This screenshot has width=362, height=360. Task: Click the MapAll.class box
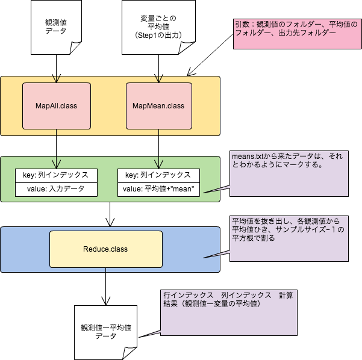coord(56,106)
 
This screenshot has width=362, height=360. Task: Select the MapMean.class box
coord(158,106)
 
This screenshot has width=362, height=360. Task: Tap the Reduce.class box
coord(105,249)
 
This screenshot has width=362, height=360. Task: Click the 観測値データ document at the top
coord(56,28)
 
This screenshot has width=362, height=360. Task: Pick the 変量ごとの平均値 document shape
coord(158,28)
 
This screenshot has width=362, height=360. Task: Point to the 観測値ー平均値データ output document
coord(105,332)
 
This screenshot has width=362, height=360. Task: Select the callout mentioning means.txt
coord(289,174)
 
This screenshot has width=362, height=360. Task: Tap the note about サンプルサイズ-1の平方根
coord(289,238)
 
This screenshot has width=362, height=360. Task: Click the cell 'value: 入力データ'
coord(56,189)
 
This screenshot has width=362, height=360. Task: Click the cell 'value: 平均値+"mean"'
coord(158,189)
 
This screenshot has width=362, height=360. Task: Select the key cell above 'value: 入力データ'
coord(56,175)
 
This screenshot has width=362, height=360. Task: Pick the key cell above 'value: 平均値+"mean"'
coord(158,175)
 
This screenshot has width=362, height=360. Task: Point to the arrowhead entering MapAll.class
coord(56,79)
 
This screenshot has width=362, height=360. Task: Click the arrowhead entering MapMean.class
coord(158,79)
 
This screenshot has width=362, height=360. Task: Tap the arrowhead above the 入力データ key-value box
coord(56,163)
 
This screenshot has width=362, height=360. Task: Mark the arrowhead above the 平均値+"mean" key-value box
coord(158,163)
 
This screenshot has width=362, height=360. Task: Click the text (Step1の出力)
coord(158,36)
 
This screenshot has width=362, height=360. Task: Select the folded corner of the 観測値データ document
coord(76,47)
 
